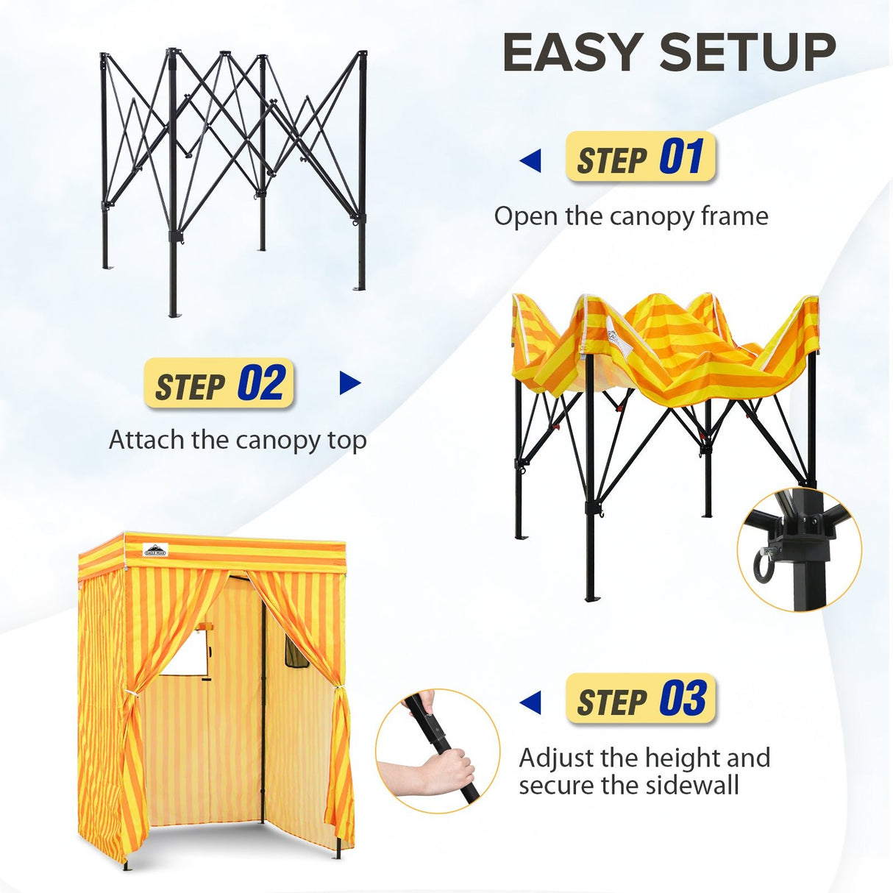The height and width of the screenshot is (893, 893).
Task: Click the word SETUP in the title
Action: pyautogui.click(x=747, y=53)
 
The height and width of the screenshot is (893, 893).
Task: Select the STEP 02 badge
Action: pyautogui.click(x=219, y=384)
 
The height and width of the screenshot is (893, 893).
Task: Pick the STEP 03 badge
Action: pyautogui.click(x=640, y=699)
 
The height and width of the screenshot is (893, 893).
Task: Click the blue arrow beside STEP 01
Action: pyautogui.click(x=530, y=161)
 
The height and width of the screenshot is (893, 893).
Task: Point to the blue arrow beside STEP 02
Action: pyautogui.click(x=350, y=383)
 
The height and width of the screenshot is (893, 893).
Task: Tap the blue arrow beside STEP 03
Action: pyautogui.click(x=530, y=702)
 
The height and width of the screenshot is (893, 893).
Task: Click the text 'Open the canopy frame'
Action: pyautogui.click(x=630, y=216)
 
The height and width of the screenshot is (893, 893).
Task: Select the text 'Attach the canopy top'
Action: pyautogui.click(x=238, y=440)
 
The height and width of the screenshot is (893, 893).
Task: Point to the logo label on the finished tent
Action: pyautogui.click(x=154, y=549)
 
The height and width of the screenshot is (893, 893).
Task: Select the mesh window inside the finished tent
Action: pyautogui.click(x=296, y=654)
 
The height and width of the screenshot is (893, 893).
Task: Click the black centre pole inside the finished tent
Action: pyautogui.click(x=263, y=706)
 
